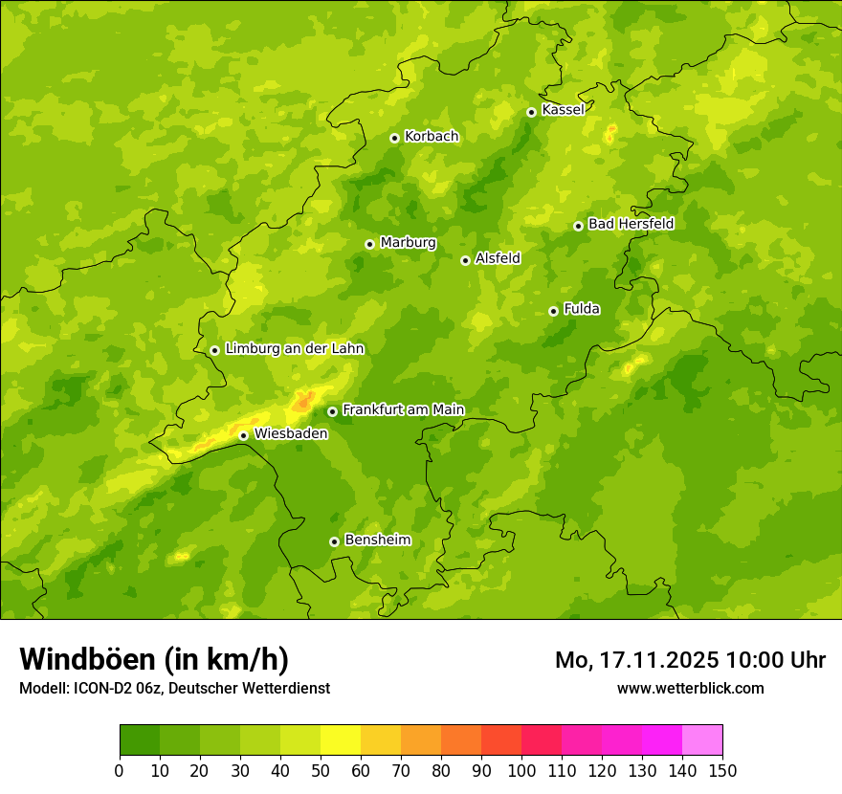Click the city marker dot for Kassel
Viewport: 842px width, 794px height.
click(x=531, y=112)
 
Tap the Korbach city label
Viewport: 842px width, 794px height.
click(x=432, y=137)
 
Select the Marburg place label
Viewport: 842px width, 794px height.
click(x=408, y=243)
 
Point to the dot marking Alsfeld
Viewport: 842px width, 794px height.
click(x=465, y=260)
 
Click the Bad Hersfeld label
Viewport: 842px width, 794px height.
click(x=631, y=224)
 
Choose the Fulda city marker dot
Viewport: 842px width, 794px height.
click(x=553, y=311)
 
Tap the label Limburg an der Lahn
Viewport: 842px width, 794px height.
click(x=294, y=349)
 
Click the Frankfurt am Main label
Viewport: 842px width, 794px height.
click(x=403, y=410)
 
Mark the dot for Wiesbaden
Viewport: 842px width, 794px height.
click(x=243, y=435)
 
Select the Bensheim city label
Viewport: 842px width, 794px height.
click(x=377, y=540)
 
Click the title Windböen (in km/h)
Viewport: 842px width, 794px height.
click(x=154, y=660)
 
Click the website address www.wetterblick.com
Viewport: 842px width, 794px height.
click(x=690, y=688)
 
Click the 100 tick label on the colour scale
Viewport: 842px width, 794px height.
click(x=521, y=770)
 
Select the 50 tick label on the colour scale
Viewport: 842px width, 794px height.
click(x=321, y=770)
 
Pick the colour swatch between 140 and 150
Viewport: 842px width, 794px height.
click(x=702, y=739)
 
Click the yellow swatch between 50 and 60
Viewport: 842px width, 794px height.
click(x=341, y=739)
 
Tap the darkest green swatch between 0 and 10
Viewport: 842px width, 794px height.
click(x=140, y=739)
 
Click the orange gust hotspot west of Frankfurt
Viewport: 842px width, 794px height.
click(x=302, y=403)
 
